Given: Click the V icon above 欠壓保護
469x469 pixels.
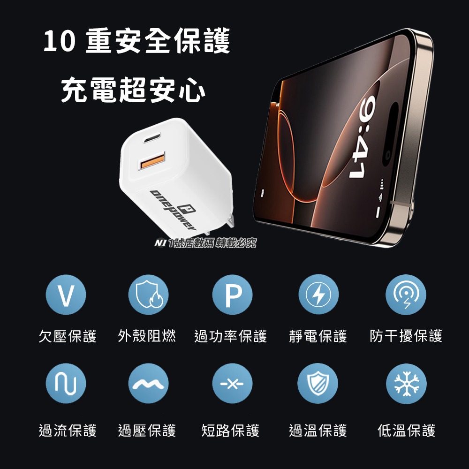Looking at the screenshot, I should tap(66, 295).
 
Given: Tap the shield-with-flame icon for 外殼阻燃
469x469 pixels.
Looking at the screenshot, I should tap(149, 295).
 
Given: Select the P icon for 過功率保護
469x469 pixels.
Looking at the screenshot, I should tap(232, 295).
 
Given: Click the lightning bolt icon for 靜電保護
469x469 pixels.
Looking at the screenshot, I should tap(318, 295).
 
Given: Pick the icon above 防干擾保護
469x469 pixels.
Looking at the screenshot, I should tap(406, 295).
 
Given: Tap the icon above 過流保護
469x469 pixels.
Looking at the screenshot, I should tap(66, 384).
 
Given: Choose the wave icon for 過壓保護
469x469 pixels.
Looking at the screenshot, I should tap(149, 384).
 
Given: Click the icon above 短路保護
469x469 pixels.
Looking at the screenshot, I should tap(232, 384).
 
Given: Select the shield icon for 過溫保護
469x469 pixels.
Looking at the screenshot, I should tap(318, 384).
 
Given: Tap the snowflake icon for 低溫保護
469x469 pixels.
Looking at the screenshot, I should tap(406, 384).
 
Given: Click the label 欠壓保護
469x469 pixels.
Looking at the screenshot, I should tap(68, 336).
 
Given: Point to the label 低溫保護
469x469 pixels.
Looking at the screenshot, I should tap(406, 430).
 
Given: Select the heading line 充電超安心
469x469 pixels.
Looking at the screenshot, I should tap(133, 90).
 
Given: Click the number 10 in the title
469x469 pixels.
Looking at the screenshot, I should tap(59, 44).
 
